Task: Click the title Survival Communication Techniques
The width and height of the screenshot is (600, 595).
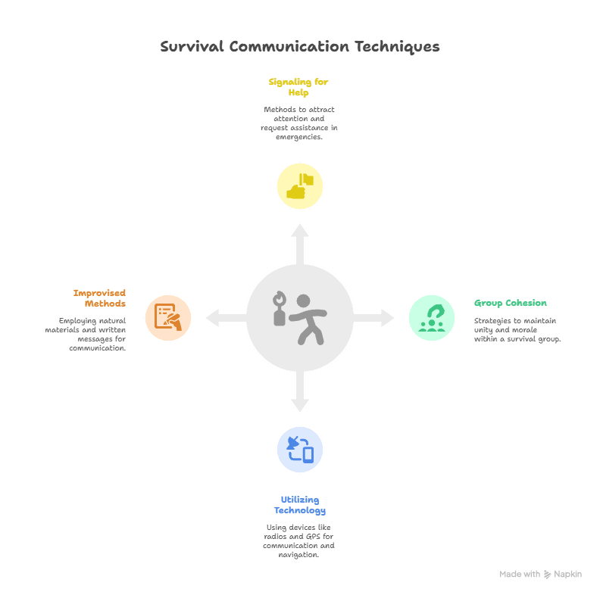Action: (x=299, y=47)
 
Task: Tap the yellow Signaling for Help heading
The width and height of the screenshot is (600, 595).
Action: (x=298, y=87)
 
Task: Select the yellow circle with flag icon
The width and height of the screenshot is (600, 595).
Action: (x=299, y=185)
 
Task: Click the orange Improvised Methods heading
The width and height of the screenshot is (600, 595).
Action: (x=99, y=298)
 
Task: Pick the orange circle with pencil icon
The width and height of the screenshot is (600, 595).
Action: (x=167, y=317)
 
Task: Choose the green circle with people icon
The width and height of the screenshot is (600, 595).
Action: (x=432, y=317)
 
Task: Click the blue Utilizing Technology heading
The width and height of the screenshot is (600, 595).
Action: (x=299, y=505)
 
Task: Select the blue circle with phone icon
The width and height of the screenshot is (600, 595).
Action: (x=299, y=450)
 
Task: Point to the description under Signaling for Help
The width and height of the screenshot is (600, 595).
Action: (x=298, y=123)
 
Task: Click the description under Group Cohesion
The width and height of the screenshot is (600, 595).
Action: (x=517, y=330)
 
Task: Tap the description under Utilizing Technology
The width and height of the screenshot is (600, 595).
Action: (x=298, y=540)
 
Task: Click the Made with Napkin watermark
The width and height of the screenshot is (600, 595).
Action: (x=540, y=575)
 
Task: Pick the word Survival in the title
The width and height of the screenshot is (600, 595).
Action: (x=192, y=47)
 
